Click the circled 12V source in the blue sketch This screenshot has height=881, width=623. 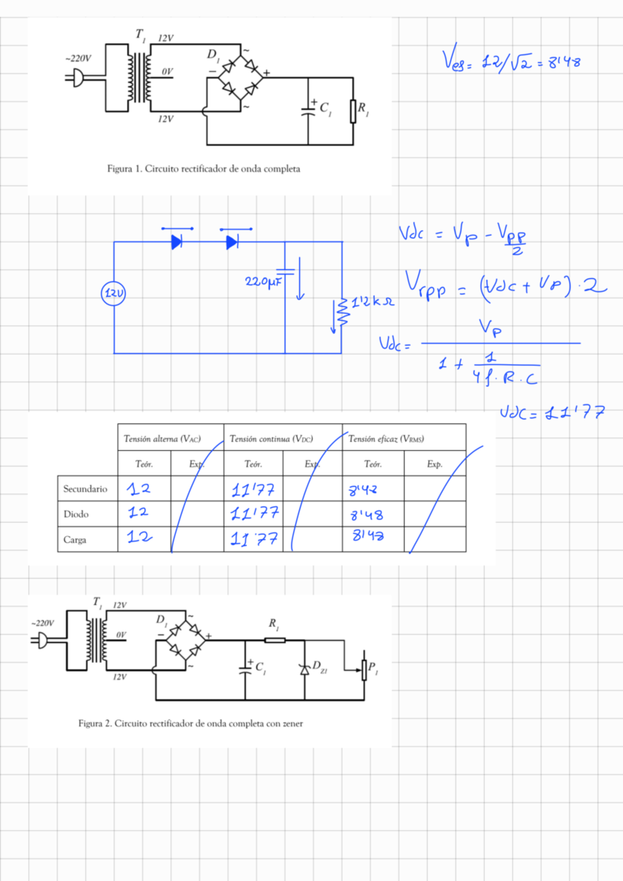click(113, 293)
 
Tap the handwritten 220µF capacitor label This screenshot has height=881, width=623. click(263, 281)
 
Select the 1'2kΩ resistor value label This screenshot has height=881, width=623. click(373, 302)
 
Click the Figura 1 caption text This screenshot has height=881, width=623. click(204, 169)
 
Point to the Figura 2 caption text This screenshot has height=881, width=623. click(191, 723)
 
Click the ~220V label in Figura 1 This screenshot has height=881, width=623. click(78, 58)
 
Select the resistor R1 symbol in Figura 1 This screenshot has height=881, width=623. click(353, 111)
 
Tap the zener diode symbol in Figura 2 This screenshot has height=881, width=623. click(305, 670)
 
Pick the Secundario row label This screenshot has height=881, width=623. click(85, 489)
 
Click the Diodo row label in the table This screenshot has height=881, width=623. click(76, 514)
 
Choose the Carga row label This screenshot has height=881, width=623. click(75, 540)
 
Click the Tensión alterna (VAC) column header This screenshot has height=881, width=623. click(162, 439)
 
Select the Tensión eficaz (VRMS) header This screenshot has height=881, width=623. click(386, 439)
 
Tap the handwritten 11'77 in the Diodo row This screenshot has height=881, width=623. click(254, 513)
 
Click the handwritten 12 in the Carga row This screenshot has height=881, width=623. click(140, 536)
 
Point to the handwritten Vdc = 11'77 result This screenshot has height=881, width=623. click(552, 413)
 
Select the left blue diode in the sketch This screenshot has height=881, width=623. click(177, 242)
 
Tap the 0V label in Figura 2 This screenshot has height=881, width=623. click(121, 634)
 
